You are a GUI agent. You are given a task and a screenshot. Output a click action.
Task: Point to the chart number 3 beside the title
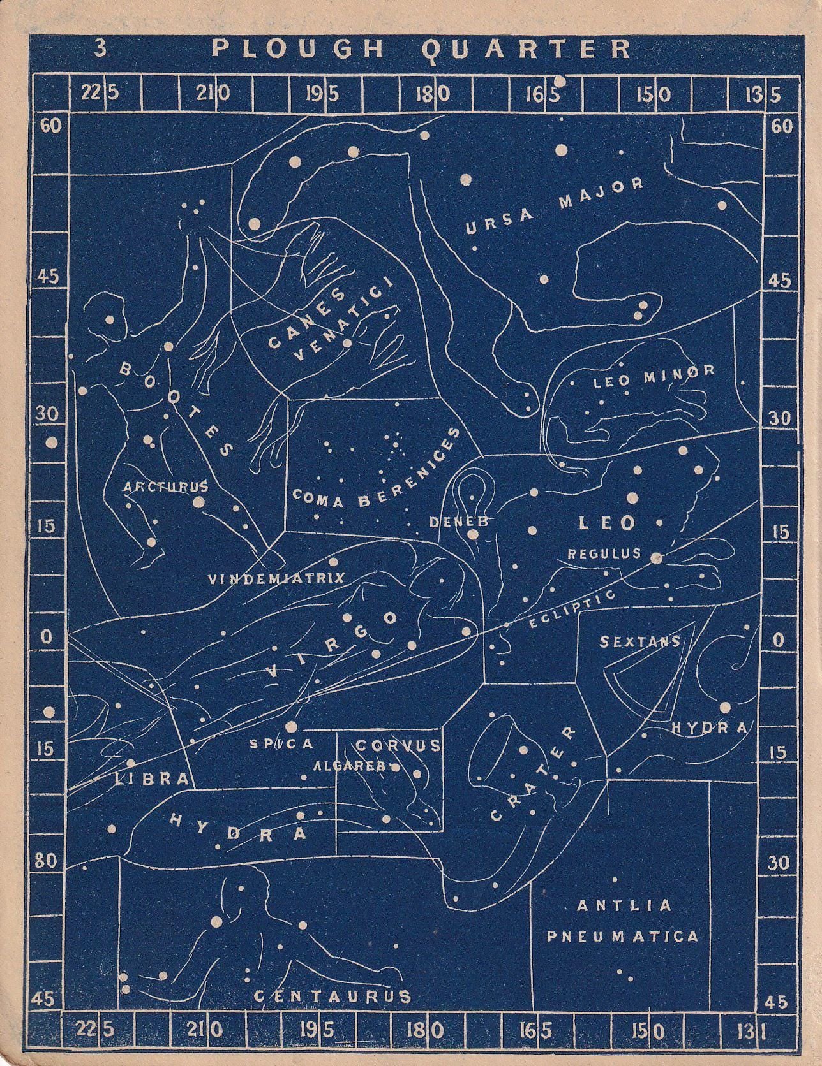pyautogui.click(x=100, y=48)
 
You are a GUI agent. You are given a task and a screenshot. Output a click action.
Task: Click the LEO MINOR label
pyautogui.click(x=654, y=377)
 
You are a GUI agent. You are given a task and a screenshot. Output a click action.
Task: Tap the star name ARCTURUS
pyautogui.click(x=166, y=487)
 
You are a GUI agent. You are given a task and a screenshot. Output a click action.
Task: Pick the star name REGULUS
pyautogui.click(x=604, y=553)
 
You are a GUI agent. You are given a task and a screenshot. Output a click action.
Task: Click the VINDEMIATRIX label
pyautogui.click(x=276, y=579)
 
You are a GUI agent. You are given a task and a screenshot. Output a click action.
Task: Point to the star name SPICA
pyautogui.click(x=281, y=743)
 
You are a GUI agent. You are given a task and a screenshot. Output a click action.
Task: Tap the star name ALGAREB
pyautogui.click(x=350, y=766)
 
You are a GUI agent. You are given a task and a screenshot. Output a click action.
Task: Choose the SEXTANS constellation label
pyautogui.click(x=640, y=641)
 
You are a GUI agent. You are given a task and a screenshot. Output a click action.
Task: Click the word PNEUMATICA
pyautogui.click(x=622, y=937)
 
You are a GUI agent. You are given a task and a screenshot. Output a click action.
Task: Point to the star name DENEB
pyautogui.click(x=458, y=522)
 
